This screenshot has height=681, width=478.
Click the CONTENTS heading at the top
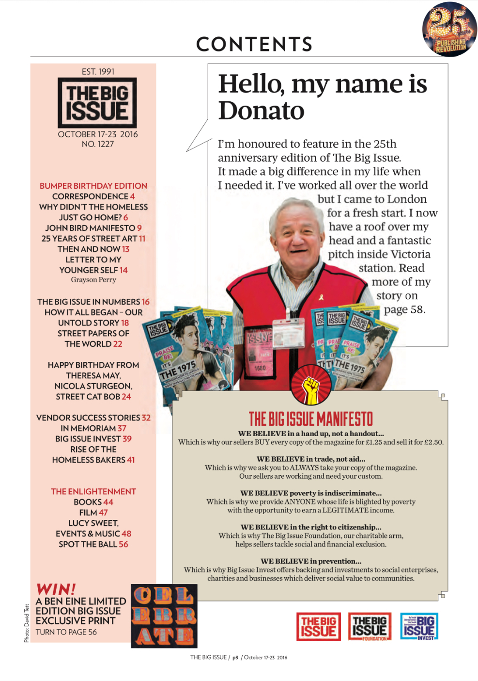coord(254,45)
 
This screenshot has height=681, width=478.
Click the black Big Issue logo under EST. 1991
coord(97,103)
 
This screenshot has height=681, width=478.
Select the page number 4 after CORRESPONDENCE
coord(132,196)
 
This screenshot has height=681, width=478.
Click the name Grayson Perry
coord(93,280)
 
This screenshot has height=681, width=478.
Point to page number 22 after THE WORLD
coord(118,344)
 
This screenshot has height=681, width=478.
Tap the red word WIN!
coord(56,589)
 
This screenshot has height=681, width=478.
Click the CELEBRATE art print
coord(164,616)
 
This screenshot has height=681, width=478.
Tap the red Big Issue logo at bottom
coord(318,626)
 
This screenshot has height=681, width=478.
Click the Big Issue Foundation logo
coord(370,626)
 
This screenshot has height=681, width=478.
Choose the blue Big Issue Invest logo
coord(419,626)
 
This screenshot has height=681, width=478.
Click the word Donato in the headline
coord(261,111)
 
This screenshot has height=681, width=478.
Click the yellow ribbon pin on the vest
coord(321,296)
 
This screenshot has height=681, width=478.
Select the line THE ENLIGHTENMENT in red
coord(93,491)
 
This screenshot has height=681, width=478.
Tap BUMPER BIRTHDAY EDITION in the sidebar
coord(93,186)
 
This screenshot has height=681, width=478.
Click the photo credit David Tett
coord(27,623)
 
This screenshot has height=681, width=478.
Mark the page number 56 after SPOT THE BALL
coord(123,544)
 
